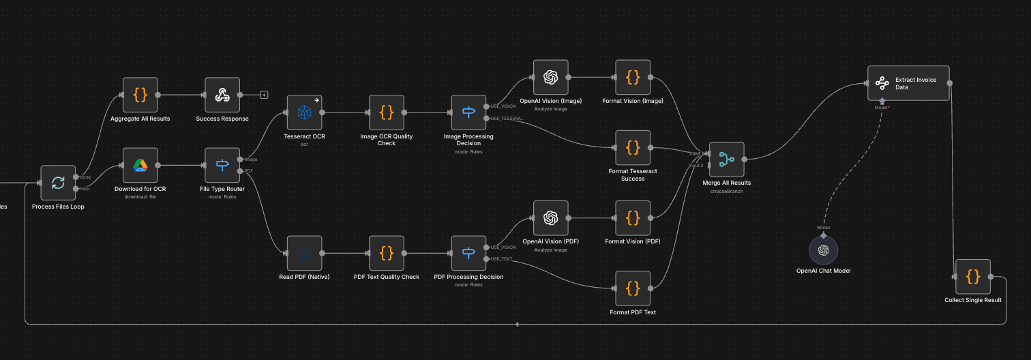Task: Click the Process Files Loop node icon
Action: tap(58, 182)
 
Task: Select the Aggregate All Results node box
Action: tap(140, 95)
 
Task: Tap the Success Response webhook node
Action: tap(222, 95)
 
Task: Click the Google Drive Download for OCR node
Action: tap(140, 165)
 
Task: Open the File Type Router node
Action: tap(222, 165)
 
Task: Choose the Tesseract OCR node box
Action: tap(304, 112)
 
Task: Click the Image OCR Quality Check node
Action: tap(387, 112)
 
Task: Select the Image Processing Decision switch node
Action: tap(468, 112)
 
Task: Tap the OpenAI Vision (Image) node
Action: tap(550, 77)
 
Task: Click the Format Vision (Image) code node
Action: tap(633, 77)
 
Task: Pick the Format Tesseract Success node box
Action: tap(633, 147)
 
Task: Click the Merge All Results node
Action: tap(727, 160)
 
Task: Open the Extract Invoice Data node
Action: tap(908, 83)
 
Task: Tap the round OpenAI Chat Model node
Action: tap(823, 250)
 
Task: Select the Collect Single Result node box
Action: tap(973, 276)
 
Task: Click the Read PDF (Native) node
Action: tap(304, 254)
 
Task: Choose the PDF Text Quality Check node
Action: tap(387, 254)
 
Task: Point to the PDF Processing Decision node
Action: tap(468, 254)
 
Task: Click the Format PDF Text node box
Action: tap(633, 288)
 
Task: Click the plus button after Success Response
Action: tap(264, 95)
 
